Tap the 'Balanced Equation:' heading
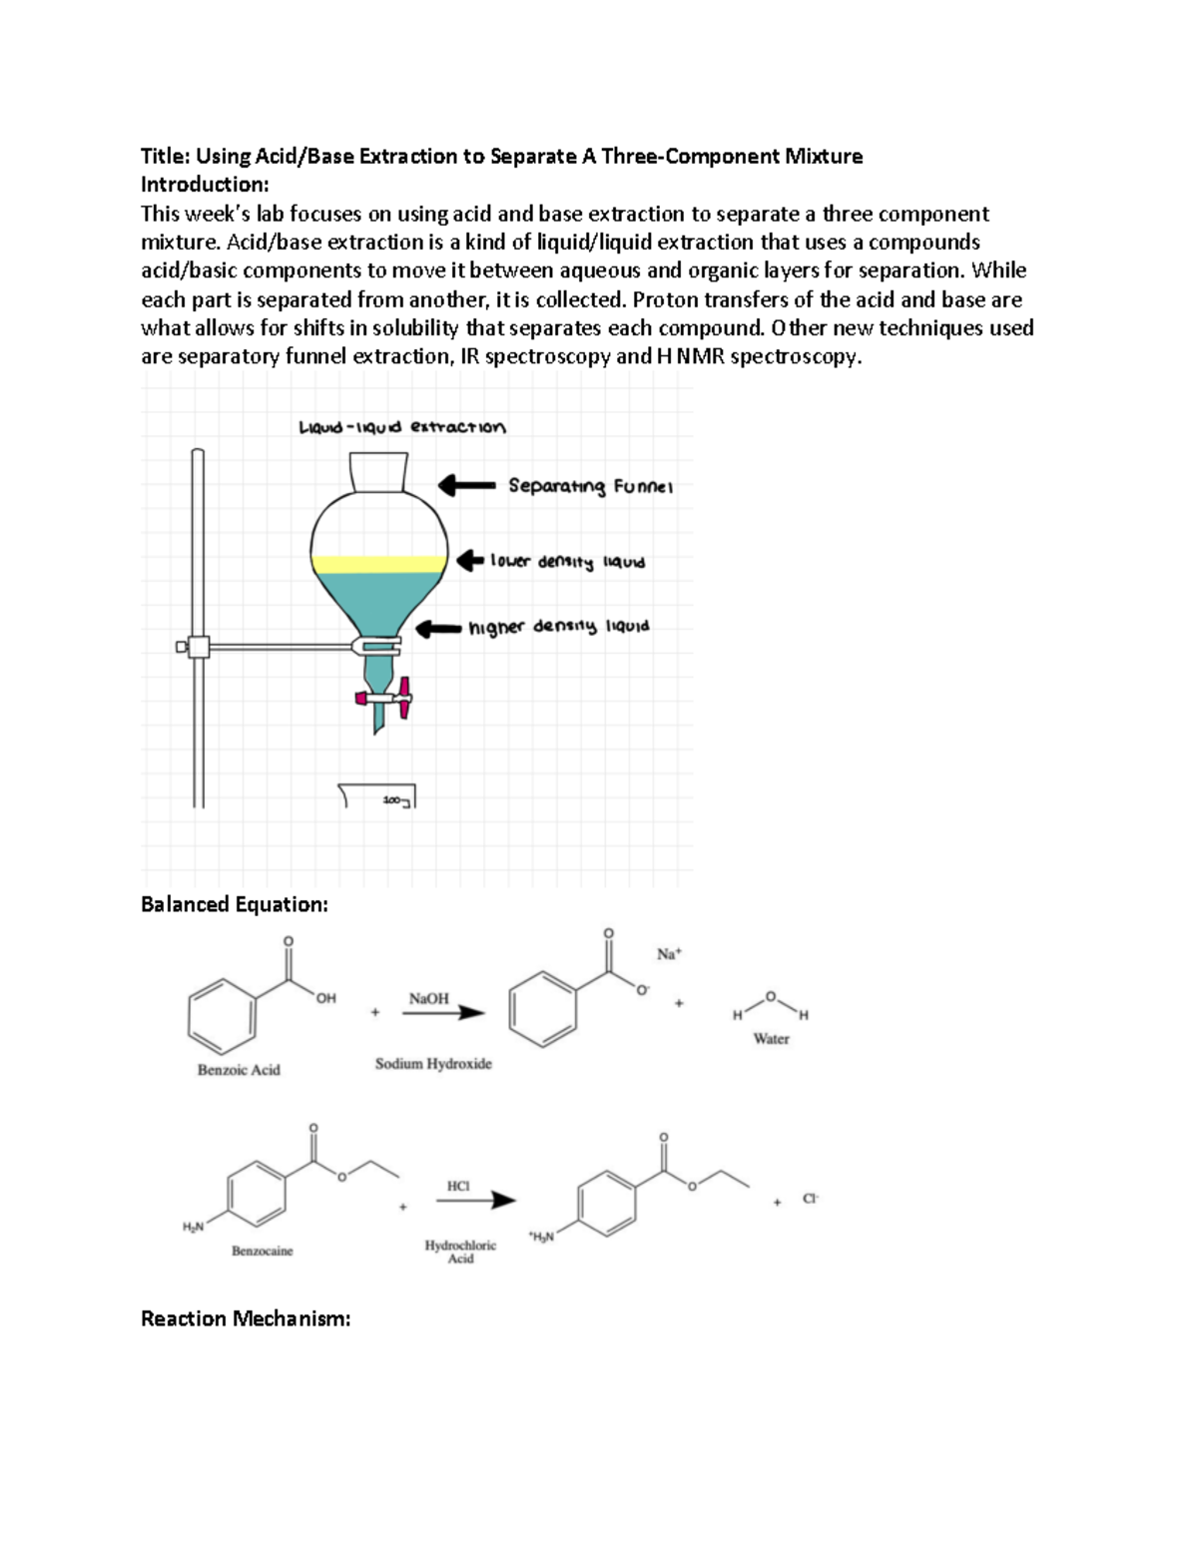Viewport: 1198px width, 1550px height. (234, 904)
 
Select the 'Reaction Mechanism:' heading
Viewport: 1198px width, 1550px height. (246, 1318)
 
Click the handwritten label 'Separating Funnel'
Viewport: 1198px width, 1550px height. (590, 486)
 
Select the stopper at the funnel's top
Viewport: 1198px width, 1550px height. (378, 471)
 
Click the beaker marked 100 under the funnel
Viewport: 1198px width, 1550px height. (377, 796)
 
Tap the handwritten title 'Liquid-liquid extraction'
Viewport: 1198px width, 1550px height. (402, 427)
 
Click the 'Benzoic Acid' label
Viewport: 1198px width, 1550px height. (239, 1070)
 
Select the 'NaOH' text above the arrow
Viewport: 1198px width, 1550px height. (429, 998)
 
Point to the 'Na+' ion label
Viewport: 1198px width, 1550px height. (668, 954)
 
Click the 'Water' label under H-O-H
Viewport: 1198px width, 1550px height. (771, 1039)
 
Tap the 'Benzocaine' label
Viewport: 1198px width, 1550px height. (262, 1251)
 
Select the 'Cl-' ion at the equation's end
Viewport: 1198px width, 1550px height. (811, 1199)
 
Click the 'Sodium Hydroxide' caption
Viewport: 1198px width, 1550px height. (433, 1064)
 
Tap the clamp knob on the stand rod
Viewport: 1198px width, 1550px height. (183, 647)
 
